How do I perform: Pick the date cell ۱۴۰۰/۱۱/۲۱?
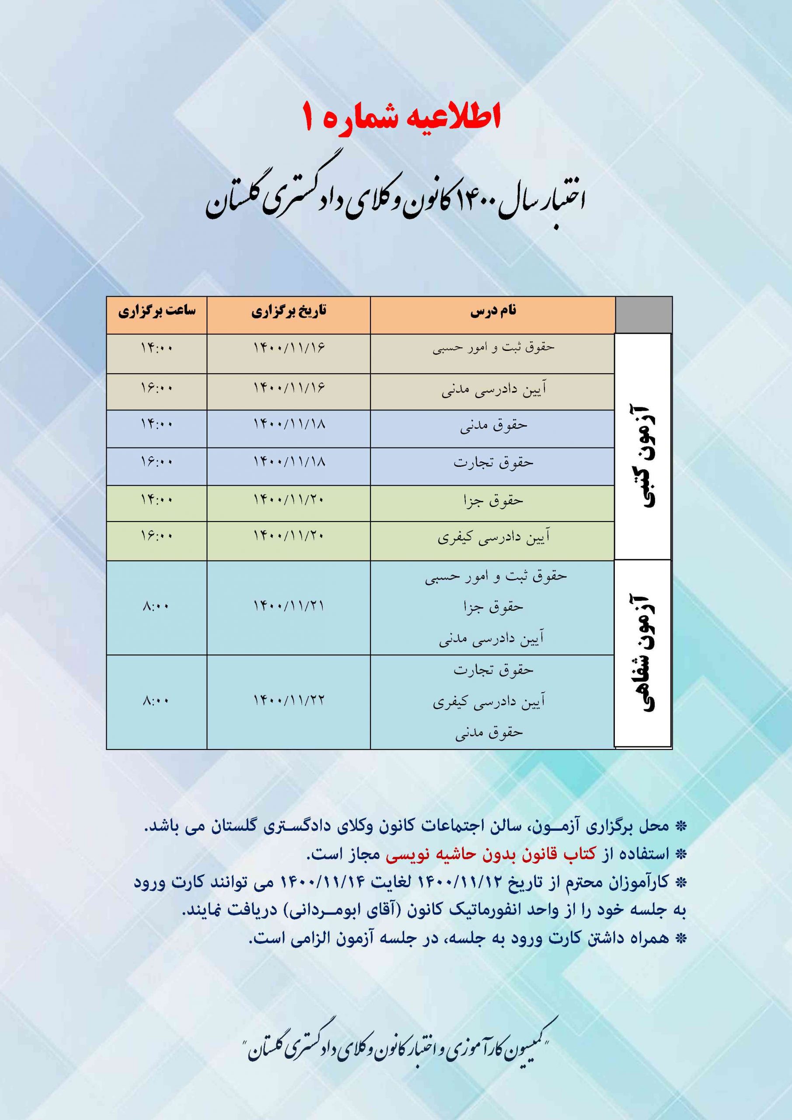point(289,606)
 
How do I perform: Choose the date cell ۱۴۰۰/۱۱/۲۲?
point(289,701)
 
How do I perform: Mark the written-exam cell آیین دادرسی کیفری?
point(493,538)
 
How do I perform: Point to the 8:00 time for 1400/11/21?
point(157,607)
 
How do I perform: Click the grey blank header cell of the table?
point(644,315)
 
